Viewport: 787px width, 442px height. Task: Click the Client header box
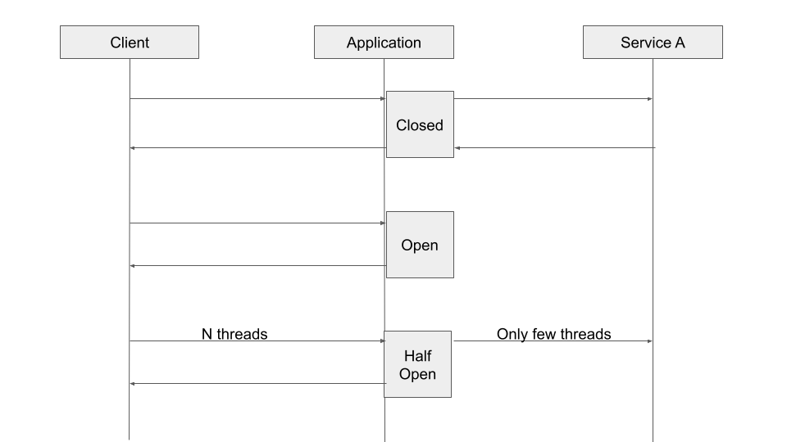coord(130,43)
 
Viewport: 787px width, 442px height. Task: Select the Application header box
coord(384,43)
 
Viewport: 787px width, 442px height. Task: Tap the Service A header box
coord(653,43)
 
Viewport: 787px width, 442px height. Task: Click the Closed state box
coord(420,124)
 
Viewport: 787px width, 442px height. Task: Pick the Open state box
coord(420,245)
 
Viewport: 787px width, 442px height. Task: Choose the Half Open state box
coord(418,364)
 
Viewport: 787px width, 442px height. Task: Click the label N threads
coord(234,334)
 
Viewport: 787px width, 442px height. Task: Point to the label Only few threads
coord(553,334)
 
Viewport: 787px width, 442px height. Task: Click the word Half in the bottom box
coord(418,356)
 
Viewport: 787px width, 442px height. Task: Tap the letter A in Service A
coord(679,43)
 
